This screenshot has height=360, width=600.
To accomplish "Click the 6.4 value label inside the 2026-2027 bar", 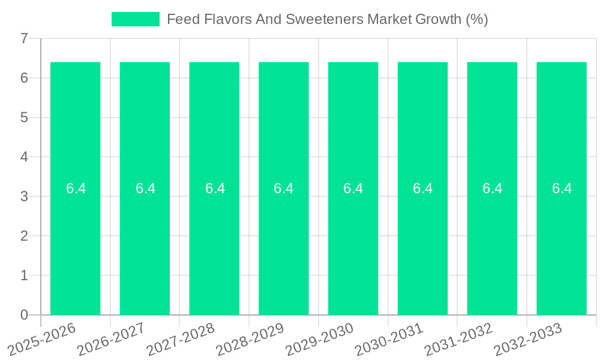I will (x=145, y=188).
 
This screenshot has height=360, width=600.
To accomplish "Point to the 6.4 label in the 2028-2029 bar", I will (x=284, y=188).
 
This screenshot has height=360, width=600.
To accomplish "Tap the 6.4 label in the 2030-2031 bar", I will (x=422, y=188).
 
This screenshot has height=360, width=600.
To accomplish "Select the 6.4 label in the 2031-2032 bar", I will (x=492, y=188).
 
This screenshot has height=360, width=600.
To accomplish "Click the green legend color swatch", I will (x=136, y=19).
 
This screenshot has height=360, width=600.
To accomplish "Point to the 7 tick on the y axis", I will (x=24, y=38).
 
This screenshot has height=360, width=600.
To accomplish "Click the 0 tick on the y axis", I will (x=24, y=315).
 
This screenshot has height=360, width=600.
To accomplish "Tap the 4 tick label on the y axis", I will (x=24, y=157).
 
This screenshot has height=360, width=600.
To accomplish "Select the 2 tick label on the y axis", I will (x=24, y=236).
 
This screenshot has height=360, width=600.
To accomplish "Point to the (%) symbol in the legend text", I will (x=476, y=19).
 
